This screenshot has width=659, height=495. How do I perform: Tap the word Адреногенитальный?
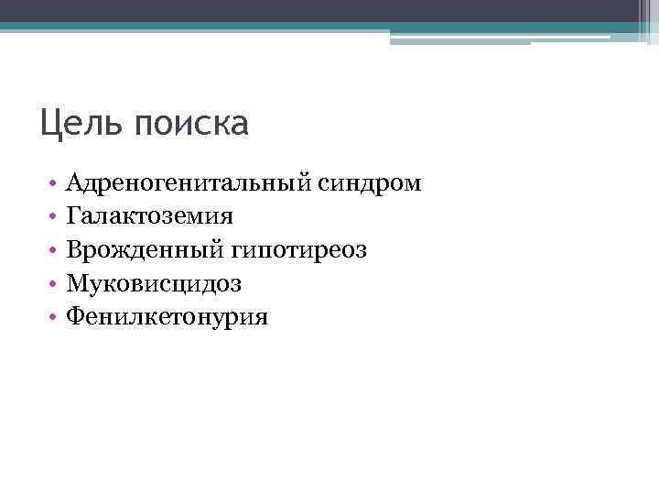pos(191,184)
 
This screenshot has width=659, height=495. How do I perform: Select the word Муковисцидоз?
pos(155,284)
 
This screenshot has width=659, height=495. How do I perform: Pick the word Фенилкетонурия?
pos(167,317)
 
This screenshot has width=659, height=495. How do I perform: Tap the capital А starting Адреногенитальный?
pos(76,183)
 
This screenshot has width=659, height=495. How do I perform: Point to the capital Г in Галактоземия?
pos(74,216)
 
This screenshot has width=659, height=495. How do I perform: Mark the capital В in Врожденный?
pos(75,249)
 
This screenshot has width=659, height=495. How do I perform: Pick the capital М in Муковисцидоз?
pos(78,283)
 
